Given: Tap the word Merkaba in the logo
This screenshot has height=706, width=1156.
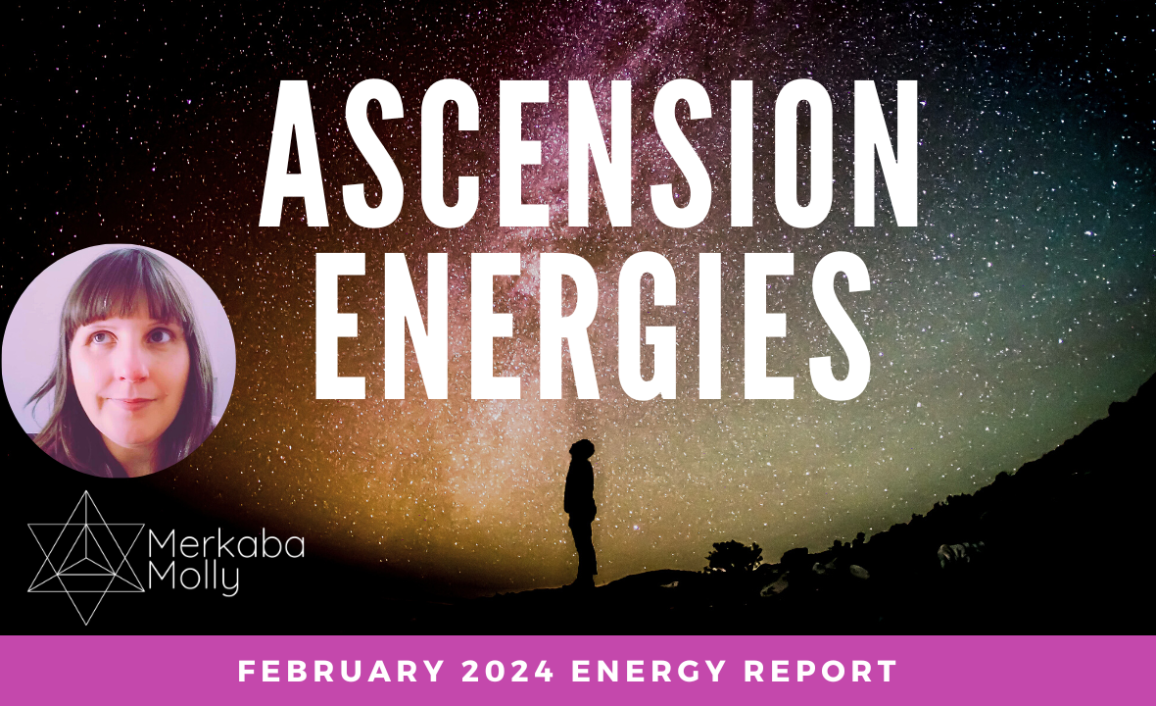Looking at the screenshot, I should coord(224,546).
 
